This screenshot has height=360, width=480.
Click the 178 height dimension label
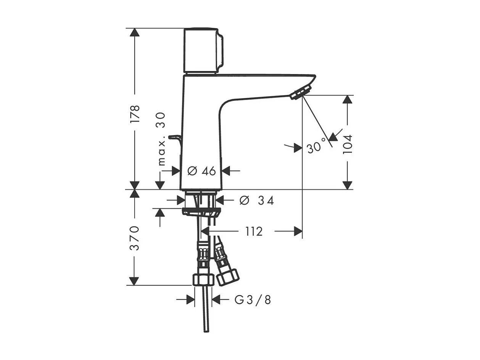click(135, 113)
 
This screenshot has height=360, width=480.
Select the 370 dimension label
click(134, 238)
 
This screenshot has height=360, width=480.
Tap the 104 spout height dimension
click(347, 144)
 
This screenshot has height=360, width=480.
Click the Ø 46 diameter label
click(202, 171)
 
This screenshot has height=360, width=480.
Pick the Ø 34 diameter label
click(256, 200)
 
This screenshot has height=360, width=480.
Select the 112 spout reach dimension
click(254, 231)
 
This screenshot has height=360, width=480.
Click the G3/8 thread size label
click(253, 300)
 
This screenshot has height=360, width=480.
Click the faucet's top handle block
click(201, 50)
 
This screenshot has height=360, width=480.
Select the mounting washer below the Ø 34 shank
click(201, 211)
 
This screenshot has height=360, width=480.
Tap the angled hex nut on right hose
click(228, 277)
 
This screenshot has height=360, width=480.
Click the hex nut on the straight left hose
click(202, 280)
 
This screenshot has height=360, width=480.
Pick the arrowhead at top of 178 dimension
click(134, 32)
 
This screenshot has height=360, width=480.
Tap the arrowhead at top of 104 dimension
click(347, 99)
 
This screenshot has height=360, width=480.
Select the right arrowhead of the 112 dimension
click(298, 231)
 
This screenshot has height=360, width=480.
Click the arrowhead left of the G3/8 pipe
click(190, 300)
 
